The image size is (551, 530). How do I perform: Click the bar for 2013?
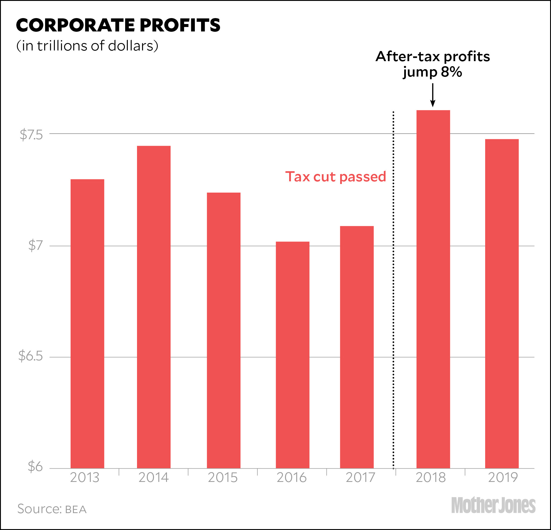coord(87,323)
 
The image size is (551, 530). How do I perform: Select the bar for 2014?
coord(154,307)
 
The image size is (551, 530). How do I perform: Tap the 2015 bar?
coord(224,330)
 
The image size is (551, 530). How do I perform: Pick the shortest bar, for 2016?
coord(292,355)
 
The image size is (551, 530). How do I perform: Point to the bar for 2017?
coord(357,347)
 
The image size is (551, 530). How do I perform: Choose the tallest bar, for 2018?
coord(433,289)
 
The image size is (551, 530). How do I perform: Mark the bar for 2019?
coord(502,303)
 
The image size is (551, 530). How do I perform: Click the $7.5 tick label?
coord(31,135)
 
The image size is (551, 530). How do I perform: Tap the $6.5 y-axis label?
coord(31,356)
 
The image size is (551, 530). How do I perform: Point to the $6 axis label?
coord(35,467)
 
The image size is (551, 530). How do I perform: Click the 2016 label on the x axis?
coord(292,478)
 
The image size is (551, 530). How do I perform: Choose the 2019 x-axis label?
coord(503,478)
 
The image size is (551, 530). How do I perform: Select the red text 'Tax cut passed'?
coord(335,177)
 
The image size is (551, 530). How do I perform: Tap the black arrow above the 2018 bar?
coord(433,95)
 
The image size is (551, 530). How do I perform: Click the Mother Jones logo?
coord(493,505)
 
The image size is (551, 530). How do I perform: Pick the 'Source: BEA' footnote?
coord(52,509)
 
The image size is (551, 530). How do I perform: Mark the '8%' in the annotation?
coord(451,72)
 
